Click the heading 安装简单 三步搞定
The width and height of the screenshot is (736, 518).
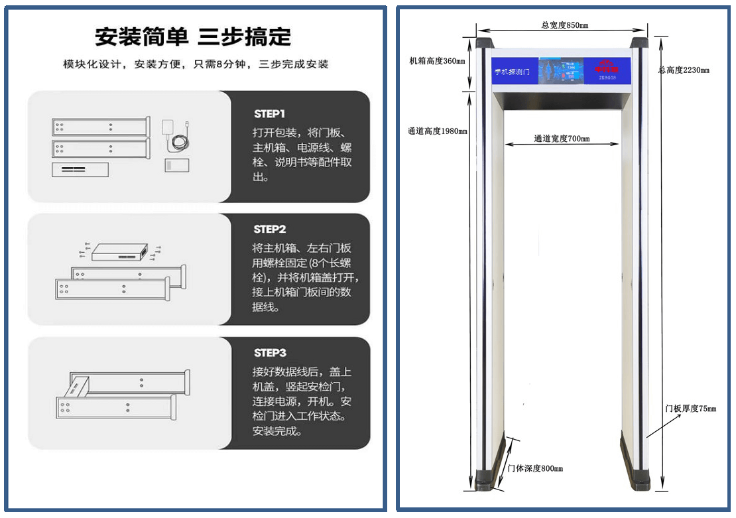[x=193, y=36]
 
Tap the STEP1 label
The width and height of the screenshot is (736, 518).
[x=269, y=113]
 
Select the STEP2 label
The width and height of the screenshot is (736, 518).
[x=270, y=229]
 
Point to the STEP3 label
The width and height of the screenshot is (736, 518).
[x=270, y=353]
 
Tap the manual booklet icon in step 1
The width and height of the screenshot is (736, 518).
[x=177, y=165]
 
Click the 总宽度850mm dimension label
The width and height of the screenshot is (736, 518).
[x=565, y=25]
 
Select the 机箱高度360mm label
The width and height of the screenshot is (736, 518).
[x=437, y=61]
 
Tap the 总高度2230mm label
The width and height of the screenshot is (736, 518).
[x=684, y=70]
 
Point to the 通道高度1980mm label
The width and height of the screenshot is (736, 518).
[x=437, y=131]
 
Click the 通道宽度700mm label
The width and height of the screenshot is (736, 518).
[x=562, y=139]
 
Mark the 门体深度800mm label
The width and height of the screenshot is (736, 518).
[x=534, y=468]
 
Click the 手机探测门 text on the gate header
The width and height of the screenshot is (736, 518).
[x=512, y=71]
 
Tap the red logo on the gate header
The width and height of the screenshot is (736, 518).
[x=606, y=68]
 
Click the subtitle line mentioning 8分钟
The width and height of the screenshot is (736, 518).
[x=196, y=64]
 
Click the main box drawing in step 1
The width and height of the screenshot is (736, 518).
[x=80, y=170]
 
